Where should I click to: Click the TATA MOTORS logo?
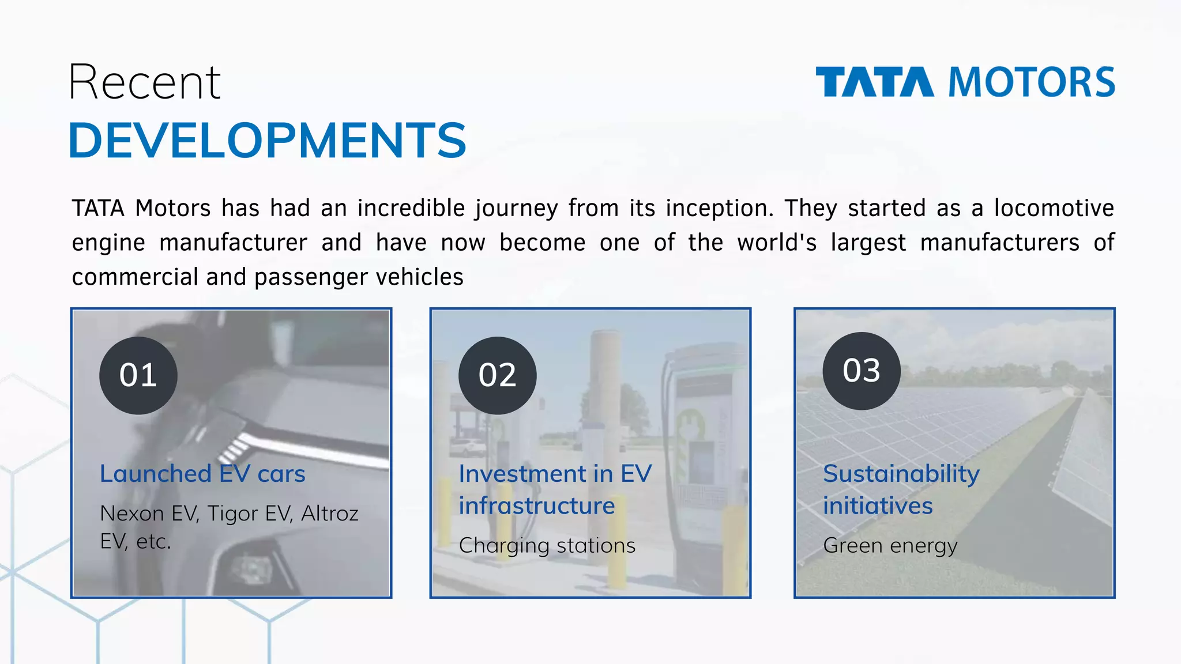pyautogui.click(x=965, y=82)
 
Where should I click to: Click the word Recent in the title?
pyautogui.click(x=144, y=83)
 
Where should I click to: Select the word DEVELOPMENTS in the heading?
pyautogui.click(x=267, y=141)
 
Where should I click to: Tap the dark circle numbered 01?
pyautogui.click(x=138, y=375)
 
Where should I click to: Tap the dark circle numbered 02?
pyautogui.click(x=497, y=375)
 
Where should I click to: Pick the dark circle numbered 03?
pyautogui.click(x=862, y=371)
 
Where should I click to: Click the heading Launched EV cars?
pyautogui.click(x=202, y=474)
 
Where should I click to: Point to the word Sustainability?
pyautogui.click(x=901, y=474)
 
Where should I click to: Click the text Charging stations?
pyautogui.click(x=547, y=545)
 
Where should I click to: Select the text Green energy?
pyautogui.click(x=890, y=545)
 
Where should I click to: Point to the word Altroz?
pyautogui.click(x=330, y=513)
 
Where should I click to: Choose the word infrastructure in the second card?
pyautogui.click(x=537, y=506)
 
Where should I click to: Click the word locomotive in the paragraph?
pyautogui.click(x=1054, y=208)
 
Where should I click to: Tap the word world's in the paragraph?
pyautogui.click(x=777, y=243)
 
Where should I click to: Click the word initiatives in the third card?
pyautogui.click(x=878, y=506)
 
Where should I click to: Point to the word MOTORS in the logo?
pyautogui.click(x=1032, y=82)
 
